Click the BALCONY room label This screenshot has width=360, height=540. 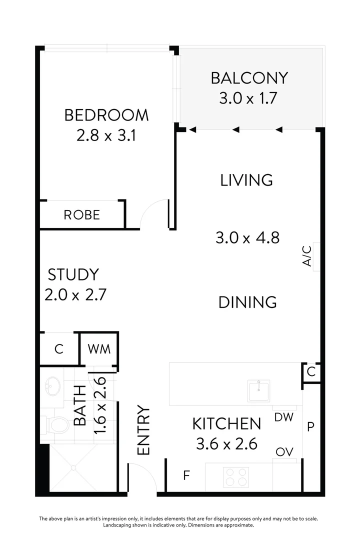pyautogui.click(x=249, y=78)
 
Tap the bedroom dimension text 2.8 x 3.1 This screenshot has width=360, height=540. pyautogui.click(x=106, y=135)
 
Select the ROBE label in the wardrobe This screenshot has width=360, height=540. pyautogui.click(x=81, y=215)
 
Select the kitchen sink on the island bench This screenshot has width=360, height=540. pyautogui.click(x=259, y=390)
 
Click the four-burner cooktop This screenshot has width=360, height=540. pyautogui.click(x=236, y=476)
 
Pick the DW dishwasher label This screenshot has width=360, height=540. pyautogui.click(x=283, y=416)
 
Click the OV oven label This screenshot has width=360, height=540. pyautogui.click(x=283, y=452)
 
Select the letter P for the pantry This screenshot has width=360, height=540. pyautogui.click(x=310, y=426)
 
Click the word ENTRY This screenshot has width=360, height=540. pyautogui.click(x=143, y=430)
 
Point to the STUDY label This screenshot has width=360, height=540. pyautogui.click(x=73, y=274)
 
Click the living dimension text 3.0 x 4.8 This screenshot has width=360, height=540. pyautogui.click(x=246, y=237)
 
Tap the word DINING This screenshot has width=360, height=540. pyautogui.click(x=247, y=302)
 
